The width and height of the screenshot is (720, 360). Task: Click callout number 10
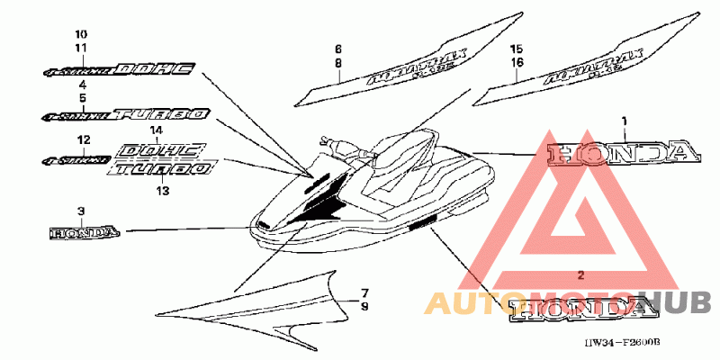tap(81, 34)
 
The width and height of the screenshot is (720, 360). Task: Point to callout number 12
tap(82, 140)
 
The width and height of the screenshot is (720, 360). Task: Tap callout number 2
tap(580, 273)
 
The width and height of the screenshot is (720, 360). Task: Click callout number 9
tap(364, 306)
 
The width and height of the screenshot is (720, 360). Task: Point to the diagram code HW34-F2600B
tap(622, 343)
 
